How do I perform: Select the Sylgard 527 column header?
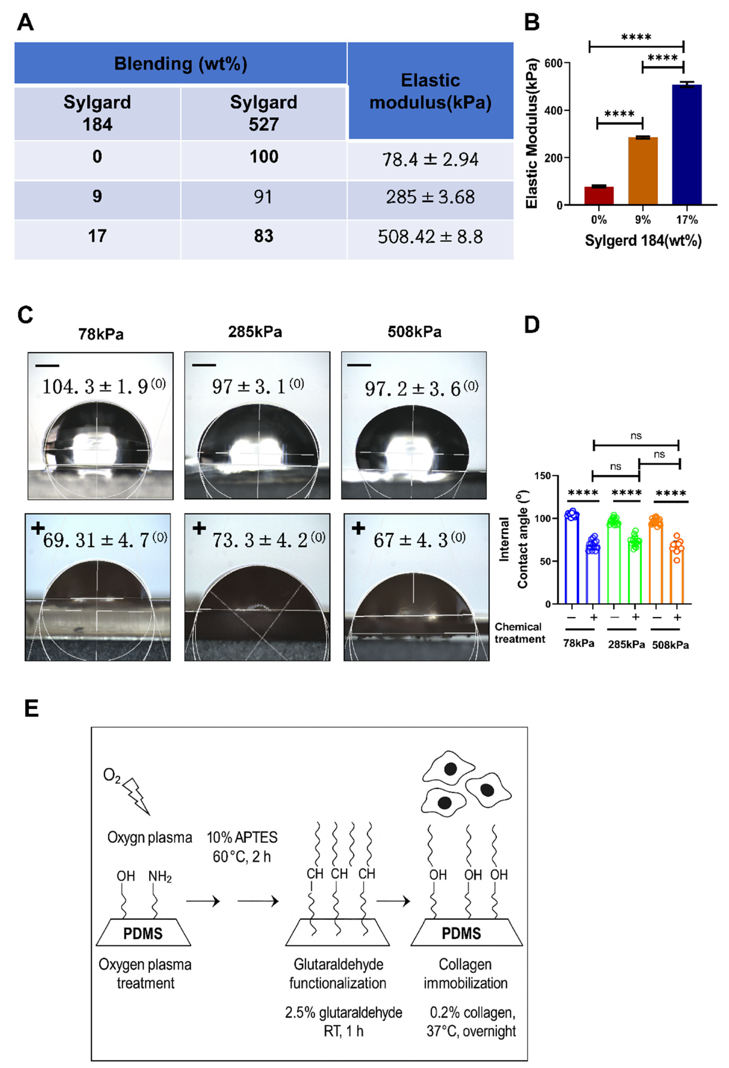[x=263, y=113]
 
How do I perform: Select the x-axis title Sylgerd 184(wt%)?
[x=643, y=240]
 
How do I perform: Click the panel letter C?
[x=25, y=315]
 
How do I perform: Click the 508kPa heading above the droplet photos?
[x=414, y=332]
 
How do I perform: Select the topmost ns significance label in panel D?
[x=636, y=436]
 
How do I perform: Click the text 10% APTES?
[x=242, y=837]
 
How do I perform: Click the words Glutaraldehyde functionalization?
[x=338, y=973]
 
